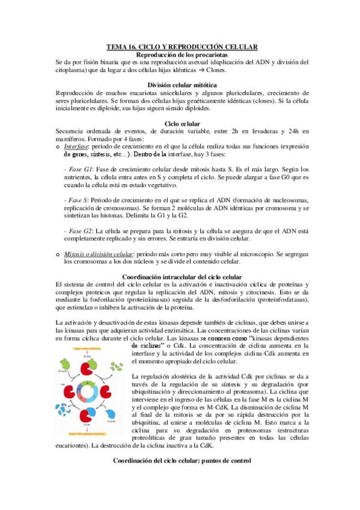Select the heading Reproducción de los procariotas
pos(180,55)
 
